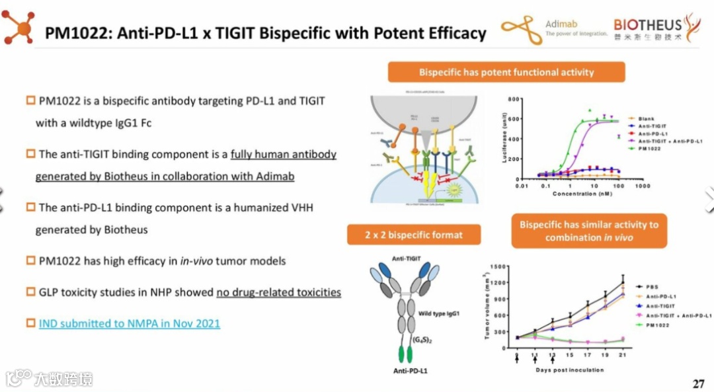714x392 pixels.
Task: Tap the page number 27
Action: point(699,383)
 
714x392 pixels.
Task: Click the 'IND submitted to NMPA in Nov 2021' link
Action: point(129,323)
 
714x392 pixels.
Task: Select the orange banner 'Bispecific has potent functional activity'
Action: point(506,72)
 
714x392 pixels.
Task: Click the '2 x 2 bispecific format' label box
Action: point(414,235)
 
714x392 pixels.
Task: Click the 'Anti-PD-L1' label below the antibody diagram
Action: point(410,371)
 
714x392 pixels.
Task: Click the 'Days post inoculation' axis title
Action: point(569,370)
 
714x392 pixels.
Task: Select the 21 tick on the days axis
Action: point(622,356)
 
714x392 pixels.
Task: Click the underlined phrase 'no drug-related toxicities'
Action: point(278,292)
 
